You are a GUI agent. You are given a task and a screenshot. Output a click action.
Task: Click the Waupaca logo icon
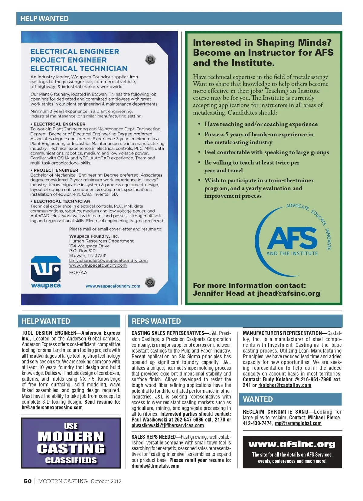(46, 269)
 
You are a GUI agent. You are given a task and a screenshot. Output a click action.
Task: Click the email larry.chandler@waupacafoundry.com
(108, 260)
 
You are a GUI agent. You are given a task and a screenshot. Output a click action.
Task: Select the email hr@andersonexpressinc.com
(52, 408)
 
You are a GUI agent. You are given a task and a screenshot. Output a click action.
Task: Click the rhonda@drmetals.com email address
(155, 466)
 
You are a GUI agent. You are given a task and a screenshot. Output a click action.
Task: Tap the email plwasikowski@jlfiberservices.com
(168, 425)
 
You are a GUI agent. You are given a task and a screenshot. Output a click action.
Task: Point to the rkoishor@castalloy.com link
(284, 385)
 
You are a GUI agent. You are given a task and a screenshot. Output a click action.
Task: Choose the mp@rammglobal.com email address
(298, 423)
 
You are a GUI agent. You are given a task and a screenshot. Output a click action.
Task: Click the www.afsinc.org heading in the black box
(292, 444)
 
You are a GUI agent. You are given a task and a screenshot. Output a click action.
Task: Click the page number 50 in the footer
(28, 481)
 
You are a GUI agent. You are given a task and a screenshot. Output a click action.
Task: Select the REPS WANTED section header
(156, 321)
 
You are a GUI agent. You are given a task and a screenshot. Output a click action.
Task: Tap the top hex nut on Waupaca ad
(150, 59)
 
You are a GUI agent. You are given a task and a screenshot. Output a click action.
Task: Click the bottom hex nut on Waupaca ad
(150, 282)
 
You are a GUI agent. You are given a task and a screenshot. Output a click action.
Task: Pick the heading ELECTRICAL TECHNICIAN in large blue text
(79, 69)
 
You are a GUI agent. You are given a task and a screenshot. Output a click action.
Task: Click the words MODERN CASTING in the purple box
(71, 442)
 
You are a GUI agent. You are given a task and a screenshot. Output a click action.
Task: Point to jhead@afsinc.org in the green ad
(288, 293)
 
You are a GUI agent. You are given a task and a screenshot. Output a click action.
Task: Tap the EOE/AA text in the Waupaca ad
(78, 272)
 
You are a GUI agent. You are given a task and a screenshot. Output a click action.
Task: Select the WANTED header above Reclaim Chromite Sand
(258, 399)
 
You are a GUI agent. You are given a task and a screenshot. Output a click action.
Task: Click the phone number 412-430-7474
(257, 423)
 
